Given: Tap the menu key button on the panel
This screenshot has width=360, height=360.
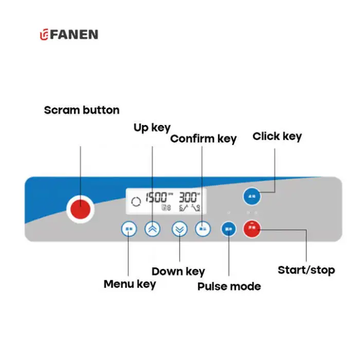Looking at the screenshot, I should (x=129, y=229).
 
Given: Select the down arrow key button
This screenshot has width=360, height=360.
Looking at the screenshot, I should (x=179, y=229).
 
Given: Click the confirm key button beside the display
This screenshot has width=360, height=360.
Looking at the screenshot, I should (x=203, y=229).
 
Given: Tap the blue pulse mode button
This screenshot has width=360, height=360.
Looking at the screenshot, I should (x=228, y=229).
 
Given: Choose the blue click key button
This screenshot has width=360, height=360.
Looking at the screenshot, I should (x=252, y=196).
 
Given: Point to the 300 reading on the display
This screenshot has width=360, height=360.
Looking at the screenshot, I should (x=188, y=197).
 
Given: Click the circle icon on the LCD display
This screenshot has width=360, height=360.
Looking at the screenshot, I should (x=136, y=202).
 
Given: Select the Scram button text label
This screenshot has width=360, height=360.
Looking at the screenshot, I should (x=81, y=110).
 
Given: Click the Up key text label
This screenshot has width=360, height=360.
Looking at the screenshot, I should (x=152, y=128).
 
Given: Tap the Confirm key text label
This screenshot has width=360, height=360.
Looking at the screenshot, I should (x=203, y=139).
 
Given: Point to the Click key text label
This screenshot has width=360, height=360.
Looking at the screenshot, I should (x=277, y=136).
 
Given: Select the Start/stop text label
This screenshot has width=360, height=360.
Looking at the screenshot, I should (x=306, y=270).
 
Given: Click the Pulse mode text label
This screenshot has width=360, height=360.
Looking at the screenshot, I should (x=229, y=286).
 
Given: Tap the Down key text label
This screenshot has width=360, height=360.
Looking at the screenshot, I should (x=178, y=272).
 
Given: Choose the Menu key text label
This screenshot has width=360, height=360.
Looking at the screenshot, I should (x=130, y=284).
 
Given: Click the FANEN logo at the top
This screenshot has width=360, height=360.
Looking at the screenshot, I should (x=69, y=35).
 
